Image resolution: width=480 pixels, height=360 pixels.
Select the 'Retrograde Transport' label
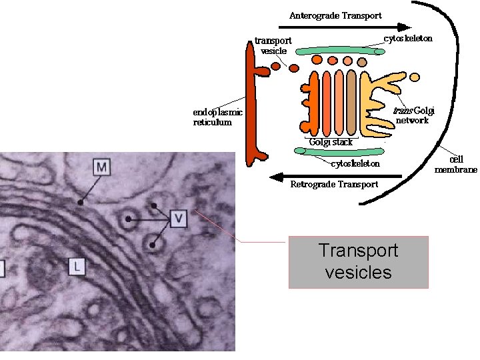(334, 185)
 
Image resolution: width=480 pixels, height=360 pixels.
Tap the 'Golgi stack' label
(331, 142)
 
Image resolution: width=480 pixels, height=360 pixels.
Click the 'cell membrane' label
(456, 164)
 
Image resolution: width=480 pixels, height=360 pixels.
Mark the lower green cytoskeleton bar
(339, 153)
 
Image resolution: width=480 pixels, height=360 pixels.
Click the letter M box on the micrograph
(101, 166)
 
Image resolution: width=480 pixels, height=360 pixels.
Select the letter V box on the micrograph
(178, 217)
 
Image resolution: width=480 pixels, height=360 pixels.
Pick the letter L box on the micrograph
(77, 267)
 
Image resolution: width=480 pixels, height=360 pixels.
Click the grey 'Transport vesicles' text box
(358, 261)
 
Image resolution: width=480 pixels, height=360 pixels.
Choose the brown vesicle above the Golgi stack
(361, 62)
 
